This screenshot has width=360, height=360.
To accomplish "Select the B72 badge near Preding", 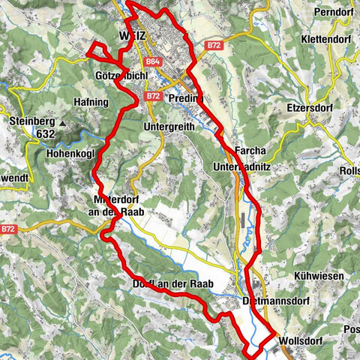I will click(x=153, y=96).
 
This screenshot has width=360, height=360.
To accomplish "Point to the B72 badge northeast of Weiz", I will click(x=215, y=45).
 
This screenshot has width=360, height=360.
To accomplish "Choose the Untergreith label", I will click(x=169, y=127).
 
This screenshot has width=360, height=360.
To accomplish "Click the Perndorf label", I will click(x=332, y=12).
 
